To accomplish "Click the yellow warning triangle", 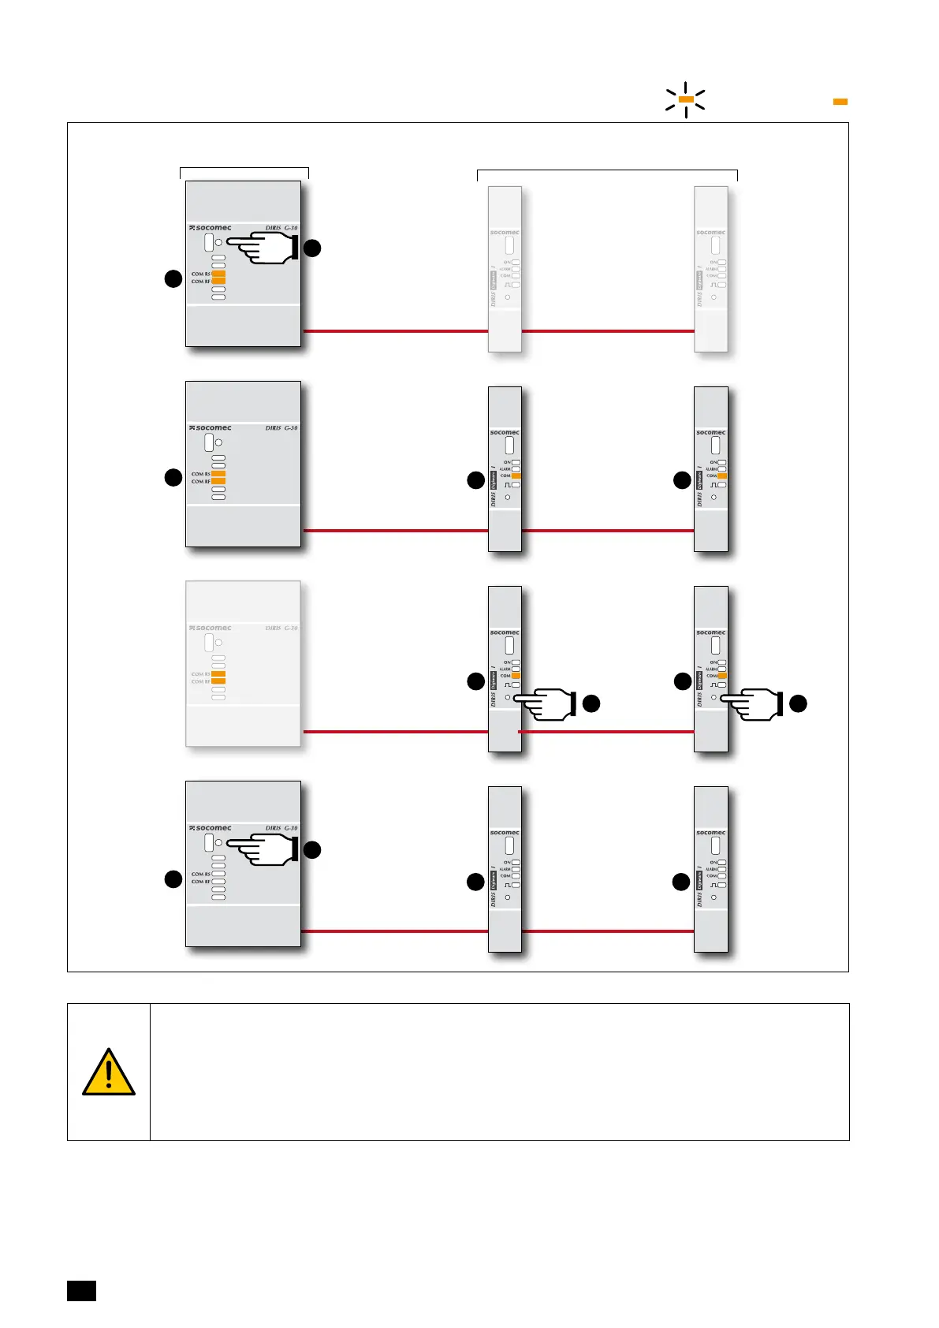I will click(x=109, y=1073).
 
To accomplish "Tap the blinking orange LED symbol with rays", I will click(x=685, y=99).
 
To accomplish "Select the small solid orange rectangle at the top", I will click(x=840, y=102).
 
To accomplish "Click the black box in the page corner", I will click(x=81, y=1291).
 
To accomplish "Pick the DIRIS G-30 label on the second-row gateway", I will click(x=281, y=428).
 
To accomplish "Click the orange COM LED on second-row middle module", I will click(x=516, y=476).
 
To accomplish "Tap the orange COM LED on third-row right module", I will click(x=722, y=676).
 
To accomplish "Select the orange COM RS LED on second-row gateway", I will click(x=218, y=474).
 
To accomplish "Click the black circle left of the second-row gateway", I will click(x=173, y=477).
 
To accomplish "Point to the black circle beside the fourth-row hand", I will click(x=312, y=849).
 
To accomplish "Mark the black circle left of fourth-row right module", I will click(x=681, y=882).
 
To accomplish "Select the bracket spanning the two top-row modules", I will click(x=607, y=172).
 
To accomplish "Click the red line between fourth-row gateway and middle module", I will click(x=394, y=931).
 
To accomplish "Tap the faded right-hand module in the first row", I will click(x=710, y=268).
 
